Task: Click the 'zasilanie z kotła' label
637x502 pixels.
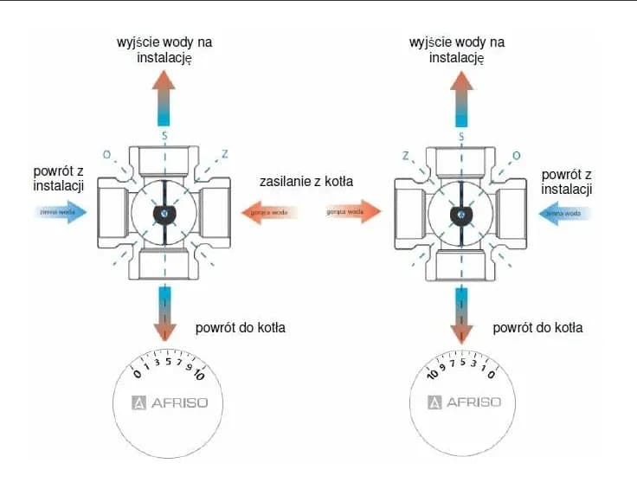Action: [307, 183]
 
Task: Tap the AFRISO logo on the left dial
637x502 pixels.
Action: [170, 402]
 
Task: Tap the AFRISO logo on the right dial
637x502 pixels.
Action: [465, 402]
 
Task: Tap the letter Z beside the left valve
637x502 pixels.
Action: [223, 155]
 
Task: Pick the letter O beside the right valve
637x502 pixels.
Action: [517, 155]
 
